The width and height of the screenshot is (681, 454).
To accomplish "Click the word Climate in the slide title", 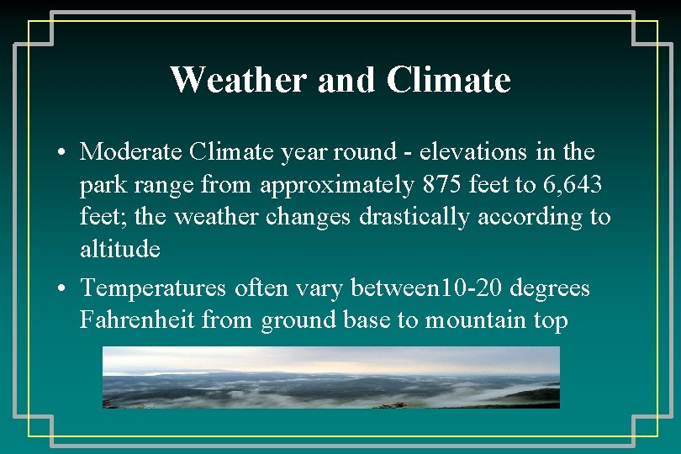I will click(448, 81).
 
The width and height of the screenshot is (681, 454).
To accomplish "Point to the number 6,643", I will click(573, 185).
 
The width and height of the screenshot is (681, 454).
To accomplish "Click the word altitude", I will click(119, 249).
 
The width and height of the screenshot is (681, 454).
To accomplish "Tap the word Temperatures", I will click(153, 288).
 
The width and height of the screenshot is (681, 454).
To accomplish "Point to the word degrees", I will click(550, 288).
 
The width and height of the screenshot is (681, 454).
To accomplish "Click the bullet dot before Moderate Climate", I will click(63, 154).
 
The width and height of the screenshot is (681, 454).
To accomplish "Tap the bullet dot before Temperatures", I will click(63, 290).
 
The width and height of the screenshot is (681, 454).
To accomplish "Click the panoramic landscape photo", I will click(330, 378).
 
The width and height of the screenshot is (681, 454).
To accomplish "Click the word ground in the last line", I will click(298, 320).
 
